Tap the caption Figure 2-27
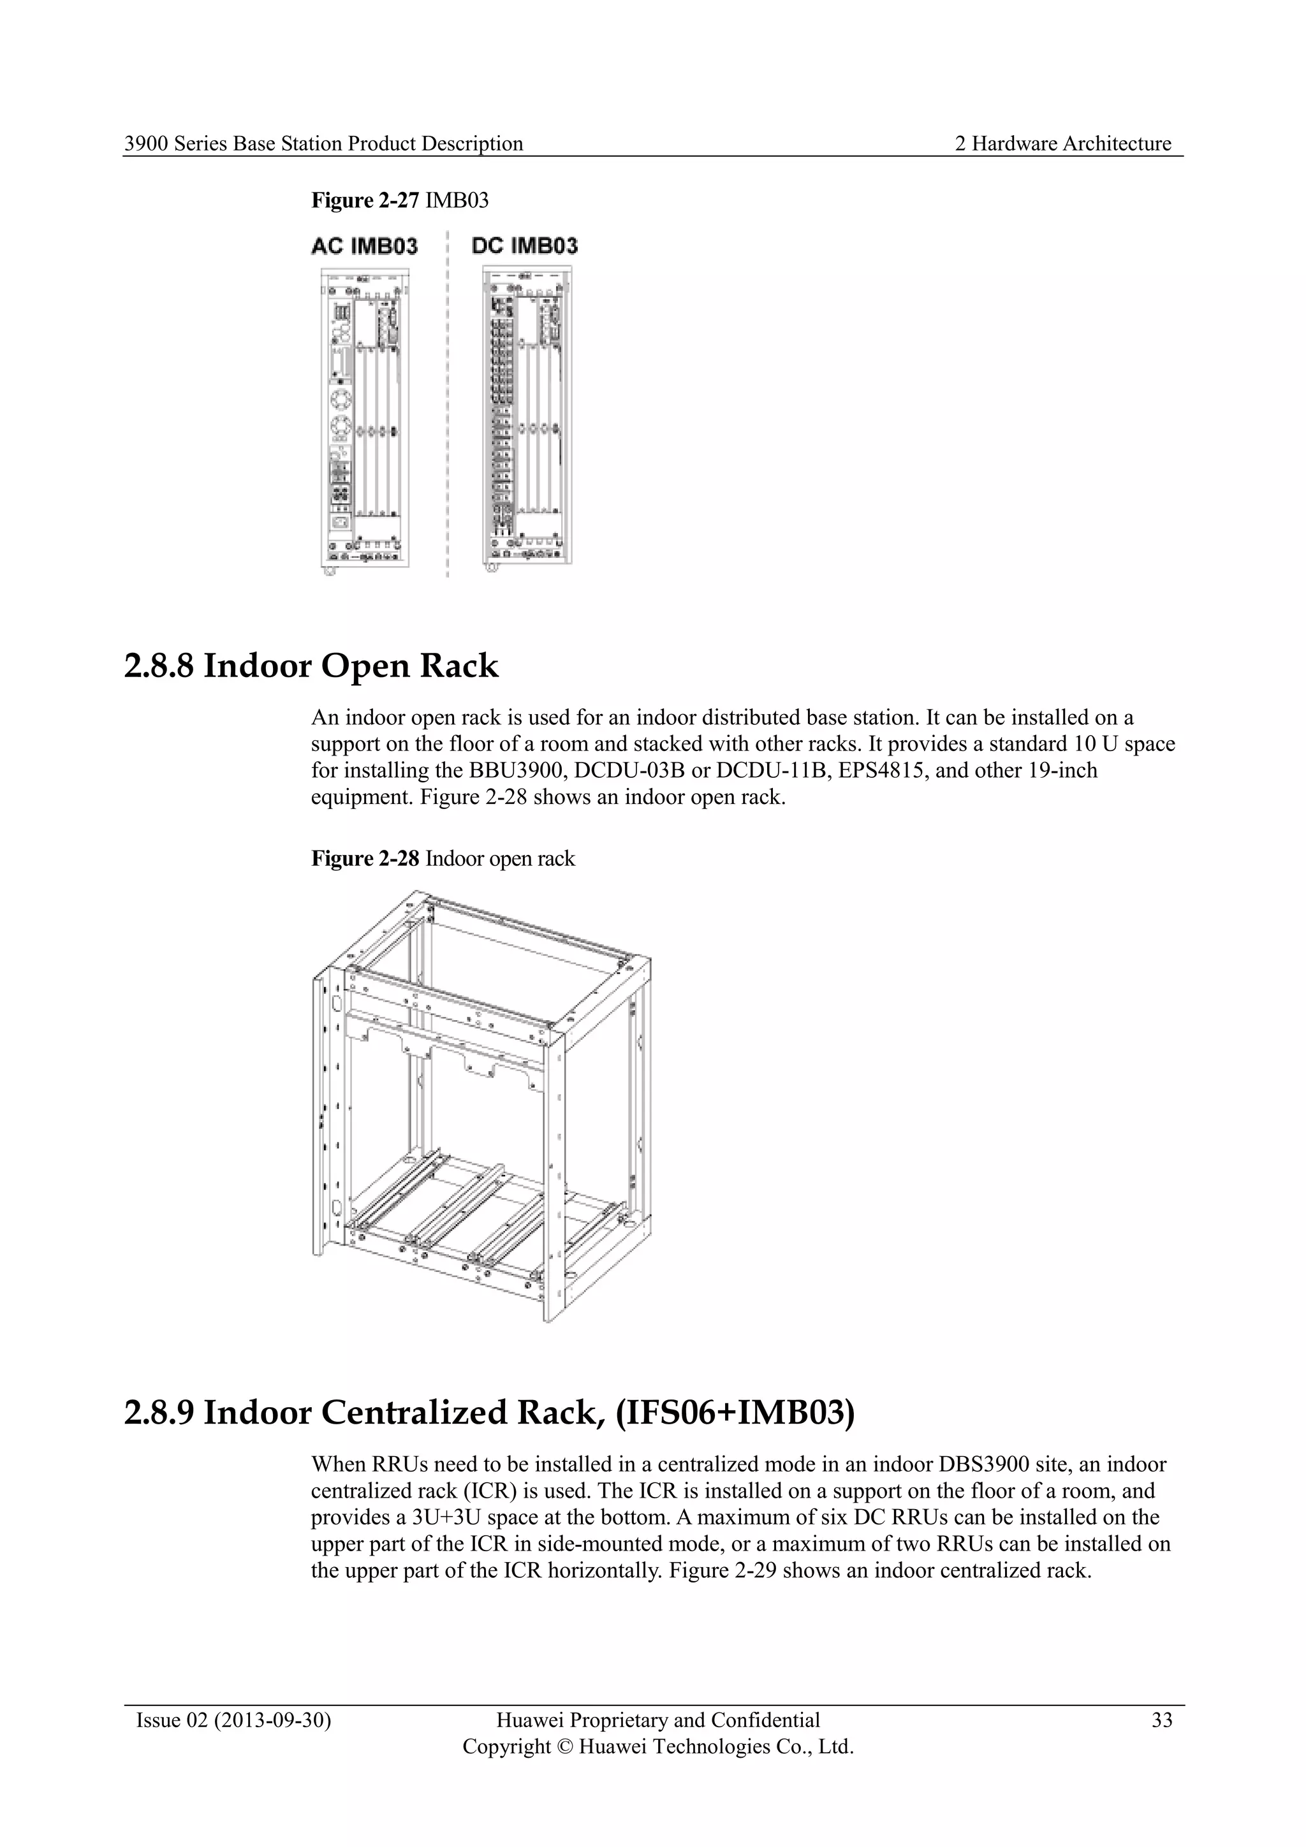click(x=365, y=200)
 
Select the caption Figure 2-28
click(x=365, y=859)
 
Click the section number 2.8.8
click(x=159, y=667)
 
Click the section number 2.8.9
click(x=159, y=1413)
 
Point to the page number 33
click(x=1161, y=1721)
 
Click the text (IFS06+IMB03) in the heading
click(x=735, y=1413)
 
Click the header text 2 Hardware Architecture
click(x=1062, y=144)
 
